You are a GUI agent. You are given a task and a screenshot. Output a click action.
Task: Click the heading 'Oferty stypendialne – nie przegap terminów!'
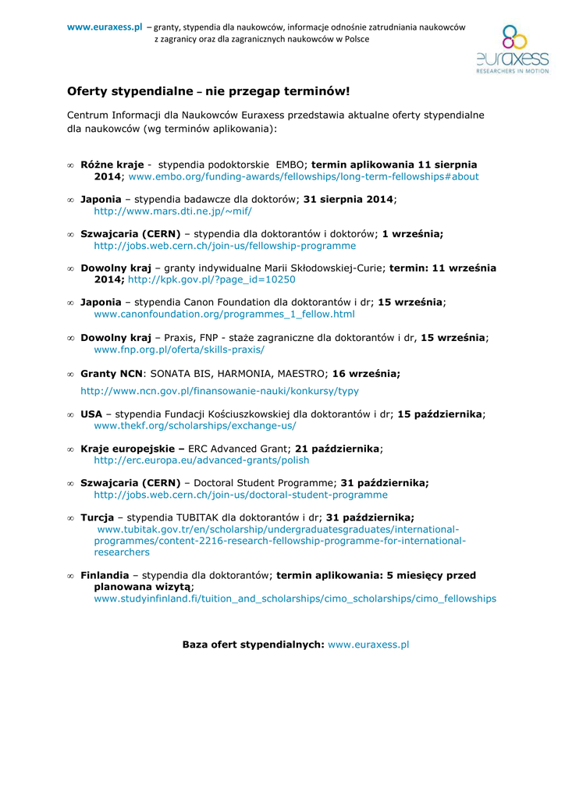(x=208, y=91)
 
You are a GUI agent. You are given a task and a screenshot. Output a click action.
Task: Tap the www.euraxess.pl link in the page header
(x=105, y=27)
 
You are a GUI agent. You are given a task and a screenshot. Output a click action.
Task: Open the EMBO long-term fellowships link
(x=304, y=177)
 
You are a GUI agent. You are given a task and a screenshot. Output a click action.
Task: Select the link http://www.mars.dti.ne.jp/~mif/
(x=172, y=211)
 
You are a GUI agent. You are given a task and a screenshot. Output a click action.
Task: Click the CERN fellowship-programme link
(x=225, y=246)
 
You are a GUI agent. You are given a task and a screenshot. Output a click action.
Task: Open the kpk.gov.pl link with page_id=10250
(x=211, y=279)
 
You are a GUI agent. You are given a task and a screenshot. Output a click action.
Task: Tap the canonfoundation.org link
(x=224, y=314)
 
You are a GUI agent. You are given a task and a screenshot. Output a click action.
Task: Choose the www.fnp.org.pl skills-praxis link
(x=179, y=349)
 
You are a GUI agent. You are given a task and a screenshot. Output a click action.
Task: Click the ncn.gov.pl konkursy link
(x=219, y=391)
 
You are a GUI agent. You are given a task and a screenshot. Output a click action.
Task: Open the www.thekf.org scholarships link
(x=195, y=426)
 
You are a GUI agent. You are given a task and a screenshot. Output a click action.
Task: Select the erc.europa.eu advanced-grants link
(x=201, y=460)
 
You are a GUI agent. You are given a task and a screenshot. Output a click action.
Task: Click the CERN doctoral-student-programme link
(x=240, y=495)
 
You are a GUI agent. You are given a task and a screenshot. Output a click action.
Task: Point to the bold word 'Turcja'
(x=97, y=517)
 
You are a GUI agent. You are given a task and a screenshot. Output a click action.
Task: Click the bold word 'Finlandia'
(x=105, y=575)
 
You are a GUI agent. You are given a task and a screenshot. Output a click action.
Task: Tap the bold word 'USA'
(x=91, y=414)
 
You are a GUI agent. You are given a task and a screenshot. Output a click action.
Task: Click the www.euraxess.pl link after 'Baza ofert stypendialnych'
(x=368, y=645)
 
